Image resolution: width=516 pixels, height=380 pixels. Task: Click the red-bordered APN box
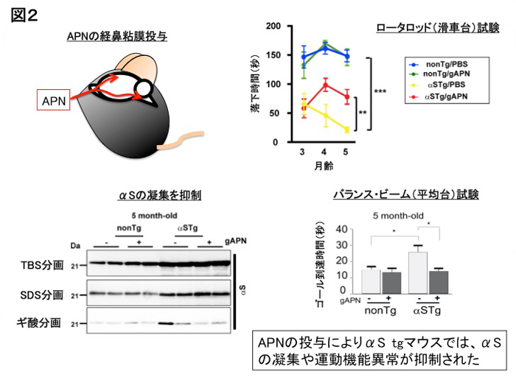pyautogui.click(x=53, y=99)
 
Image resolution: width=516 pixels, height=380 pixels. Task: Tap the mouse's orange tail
pyautogui.click(x=181, y=141)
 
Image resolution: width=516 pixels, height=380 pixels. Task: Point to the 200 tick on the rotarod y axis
pyautogui.click(x=273, y=26)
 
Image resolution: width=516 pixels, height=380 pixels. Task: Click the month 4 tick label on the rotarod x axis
pyautogui.click(x=324, y=152)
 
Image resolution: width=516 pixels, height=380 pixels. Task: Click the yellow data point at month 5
pyautogui.click(x=347, y=130)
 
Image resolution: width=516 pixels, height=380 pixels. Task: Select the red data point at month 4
pyautogui.click(x=326, y=86)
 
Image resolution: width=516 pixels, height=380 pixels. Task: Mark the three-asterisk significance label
pyautogui.click(x=380, y=91)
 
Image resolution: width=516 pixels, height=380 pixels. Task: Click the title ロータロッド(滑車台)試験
pyautogui.click(x=438, y=28)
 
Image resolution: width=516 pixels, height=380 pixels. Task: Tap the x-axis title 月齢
pyautogui.click(x=324, y=166)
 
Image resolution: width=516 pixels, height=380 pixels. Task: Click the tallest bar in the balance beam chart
pyautogui.click(x=418, y=272)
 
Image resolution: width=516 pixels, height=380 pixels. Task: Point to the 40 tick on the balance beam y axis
pyautogui.click(x=341, y=229)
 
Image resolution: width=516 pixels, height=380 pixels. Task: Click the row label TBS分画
pyautogui.click(x=42, y=265)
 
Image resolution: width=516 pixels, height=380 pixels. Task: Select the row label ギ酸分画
pyautogui.click(x=39, y=323)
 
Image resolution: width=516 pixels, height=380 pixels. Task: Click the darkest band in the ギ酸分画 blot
pyautogui.click(x=166, y=323)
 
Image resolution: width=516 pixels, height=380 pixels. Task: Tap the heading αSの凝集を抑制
pyautogui.click(x=160, y=195)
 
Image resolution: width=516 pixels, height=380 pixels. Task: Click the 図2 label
pyautogui.click(x=24, y=15)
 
